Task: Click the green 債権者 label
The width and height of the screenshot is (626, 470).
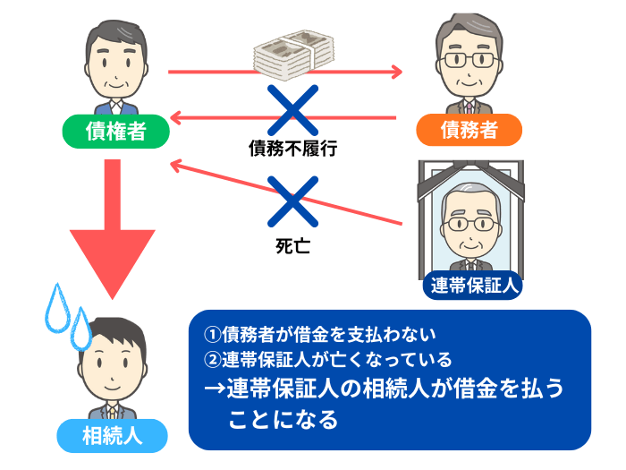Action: point(114,132)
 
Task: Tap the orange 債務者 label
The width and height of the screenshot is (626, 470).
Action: point(469,132)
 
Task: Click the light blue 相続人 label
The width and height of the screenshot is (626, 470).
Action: point(111,436)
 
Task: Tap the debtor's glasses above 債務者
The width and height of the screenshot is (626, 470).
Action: point(468,63)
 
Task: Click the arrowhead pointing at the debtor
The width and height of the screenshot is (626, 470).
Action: point(393,70)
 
